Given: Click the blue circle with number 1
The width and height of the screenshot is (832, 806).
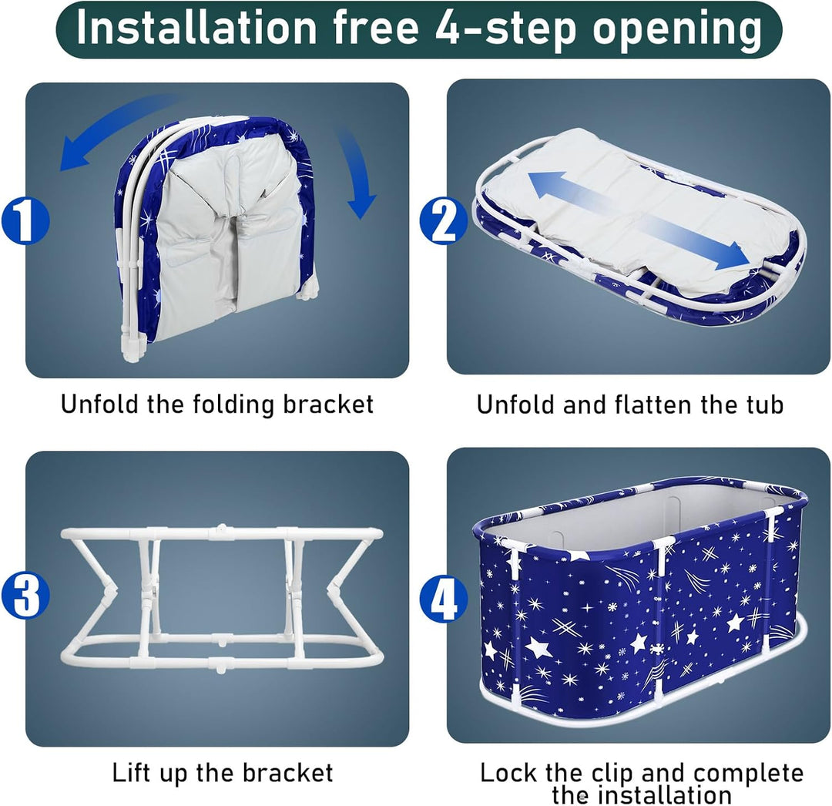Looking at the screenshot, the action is pos(25,220).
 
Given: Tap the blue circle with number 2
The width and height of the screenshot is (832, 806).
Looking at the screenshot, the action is pos(443,220).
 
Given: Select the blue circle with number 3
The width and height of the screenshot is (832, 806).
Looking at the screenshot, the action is pos(25,594).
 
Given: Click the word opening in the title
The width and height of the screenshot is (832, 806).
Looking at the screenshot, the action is pos(677,30).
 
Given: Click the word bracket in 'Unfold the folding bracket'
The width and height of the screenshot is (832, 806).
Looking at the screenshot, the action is pos(328,405).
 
